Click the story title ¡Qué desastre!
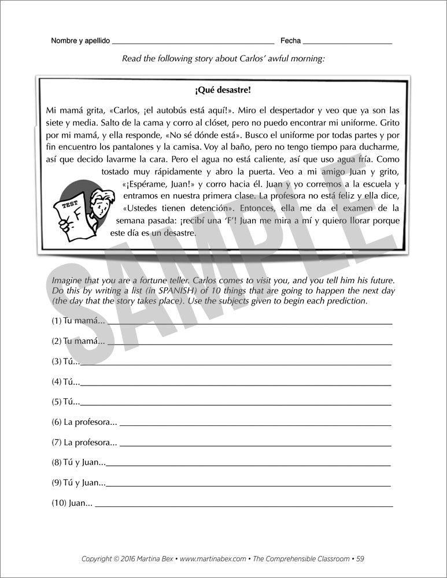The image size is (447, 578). tap(223, 90)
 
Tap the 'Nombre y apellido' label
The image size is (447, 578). tap(80, 41)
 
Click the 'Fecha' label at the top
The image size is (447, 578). tap(290, 41)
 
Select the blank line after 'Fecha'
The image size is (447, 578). tap(347, 43)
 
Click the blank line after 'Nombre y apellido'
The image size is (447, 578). tap(193, 43)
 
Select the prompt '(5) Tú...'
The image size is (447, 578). tap(65, 401)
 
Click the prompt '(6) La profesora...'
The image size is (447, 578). tap(84, 423)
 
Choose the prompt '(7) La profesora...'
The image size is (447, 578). tap(84, 442)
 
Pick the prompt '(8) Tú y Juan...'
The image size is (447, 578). tap(78, 462)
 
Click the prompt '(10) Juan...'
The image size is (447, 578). tap(72, 503)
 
